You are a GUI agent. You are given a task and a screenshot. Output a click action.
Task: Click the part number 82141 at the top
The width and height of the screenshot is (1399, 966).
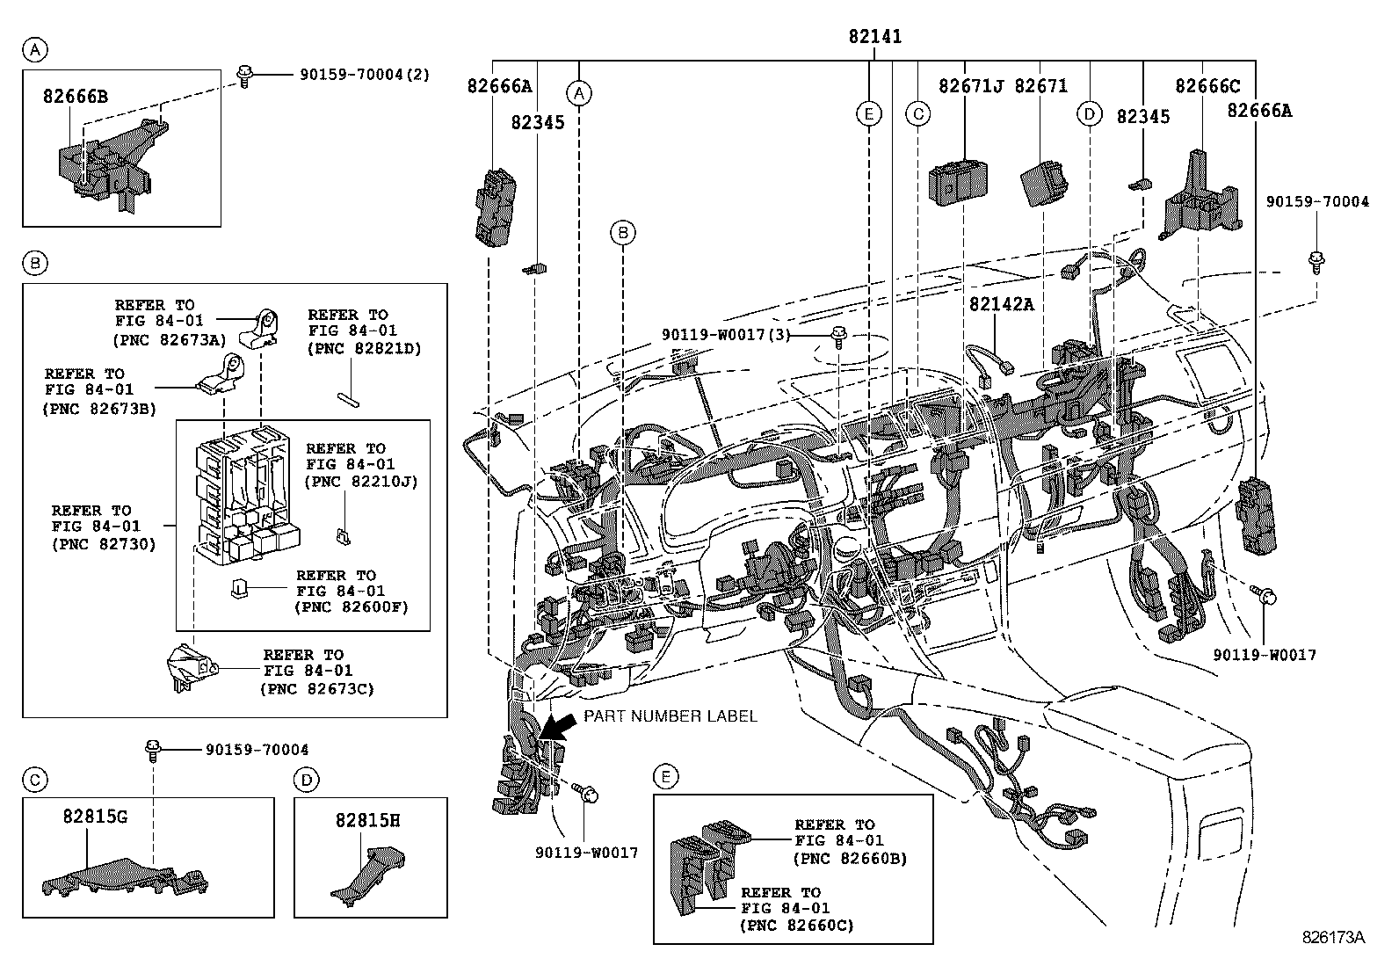click(x=875, y=37)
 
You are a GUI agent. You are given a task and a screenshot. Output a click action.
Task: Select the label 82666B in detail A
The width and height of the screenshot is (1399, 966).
click(x=76, y=96)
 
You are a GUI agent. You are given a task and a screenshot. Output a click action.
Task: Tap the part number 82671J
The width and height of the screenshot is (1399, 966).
click(x=970, y=85)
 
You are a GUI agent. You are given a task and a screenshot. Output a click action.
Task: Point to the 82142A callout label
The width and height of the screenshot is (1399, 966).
click(x=1001, y=304)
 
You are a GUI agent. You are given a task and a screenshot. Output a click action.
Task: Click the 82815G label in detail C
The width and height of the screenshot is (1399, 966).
click(x=95, y=816)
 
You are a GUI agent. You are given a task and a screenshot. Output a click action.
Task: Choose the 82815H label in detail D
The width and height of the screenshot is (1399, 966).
click(x=368, y=820)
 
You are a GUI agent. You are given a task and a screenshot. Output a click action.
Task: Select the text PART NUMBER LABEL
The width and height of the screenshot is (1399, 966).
click(x=671, y=716)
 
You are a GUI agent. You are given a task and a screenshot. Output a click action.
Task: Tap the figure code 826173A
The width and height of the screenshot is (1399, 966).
click(x=1333, y=937)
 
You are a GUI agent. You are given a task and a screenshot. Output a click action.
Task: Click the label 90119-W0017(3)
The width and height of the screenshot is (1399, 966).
click(x=726, y=335)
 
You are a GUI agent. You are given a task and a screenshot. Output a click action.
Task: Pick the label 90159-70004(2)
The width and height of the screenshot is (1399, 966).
click(x=365, y=75)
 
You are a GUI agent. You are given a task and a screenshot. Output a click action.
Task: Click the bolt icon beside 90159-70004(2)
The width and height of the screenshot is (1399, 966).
click(x=244, y=76)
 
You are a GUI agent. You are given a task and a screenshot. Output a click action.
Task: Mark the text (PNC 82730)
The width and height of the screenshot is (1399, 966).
click(x=104, y=544)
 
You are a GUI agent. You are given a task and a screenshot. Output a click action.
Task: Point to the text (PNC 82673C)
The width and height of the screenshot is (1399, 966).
click(x=317, y=688)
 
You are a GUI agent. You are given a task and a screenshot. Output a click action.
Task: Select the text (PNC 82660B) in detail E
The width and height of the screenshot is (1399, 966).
click(x=850, y=859)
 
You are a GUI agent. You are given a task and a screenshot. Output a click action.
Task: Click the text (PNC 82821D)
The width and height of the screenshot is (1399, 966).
click(x=365, y=348)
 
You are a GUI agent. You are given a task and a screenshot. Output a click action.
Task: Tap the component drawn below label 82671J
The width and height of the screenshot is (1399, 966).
click(x=958, y=184)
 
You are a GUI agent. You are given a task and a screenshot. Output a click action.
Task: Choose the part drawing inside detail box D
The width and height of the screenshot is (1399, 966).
click(x=368, y=873)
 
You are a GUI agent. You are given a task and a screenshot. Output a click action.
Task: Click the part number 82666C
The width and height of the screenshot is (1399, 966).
click(x=1207, y=85)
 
